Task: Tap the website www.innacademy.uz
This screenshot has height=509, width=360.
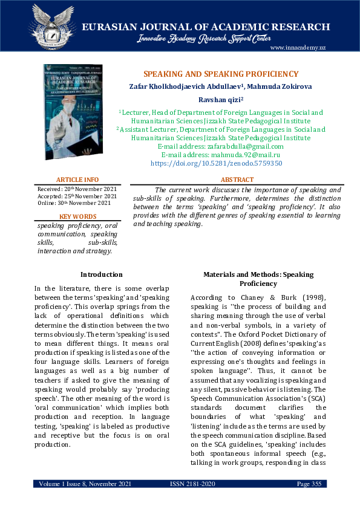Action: pyautogui.click(x=298, y=48)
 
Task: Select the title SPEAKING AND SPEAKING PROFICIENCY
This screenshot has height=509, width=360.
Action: pyautogui.click(x=221, y=74)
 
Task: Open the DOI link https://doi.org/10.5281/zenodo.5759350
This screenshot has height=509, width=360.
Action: pyautogui.click(x=215, y=163)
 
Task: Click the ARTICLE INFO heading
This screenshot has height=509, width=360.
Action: pyautogui.click(x=77, y=180)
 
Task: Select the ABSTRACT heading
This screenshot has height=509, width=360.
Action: pyautogui.click(x=237, y=180)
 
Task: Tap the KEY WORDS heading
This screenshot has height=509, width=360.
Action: pyautogui.click(x=77, y=216)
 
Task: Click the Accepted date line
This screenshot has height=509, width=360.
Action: pyautogui.click(x=77, y=196)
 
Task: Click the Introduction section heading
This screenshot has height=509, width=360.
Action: pyautogui.click(x=102, y=274)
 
